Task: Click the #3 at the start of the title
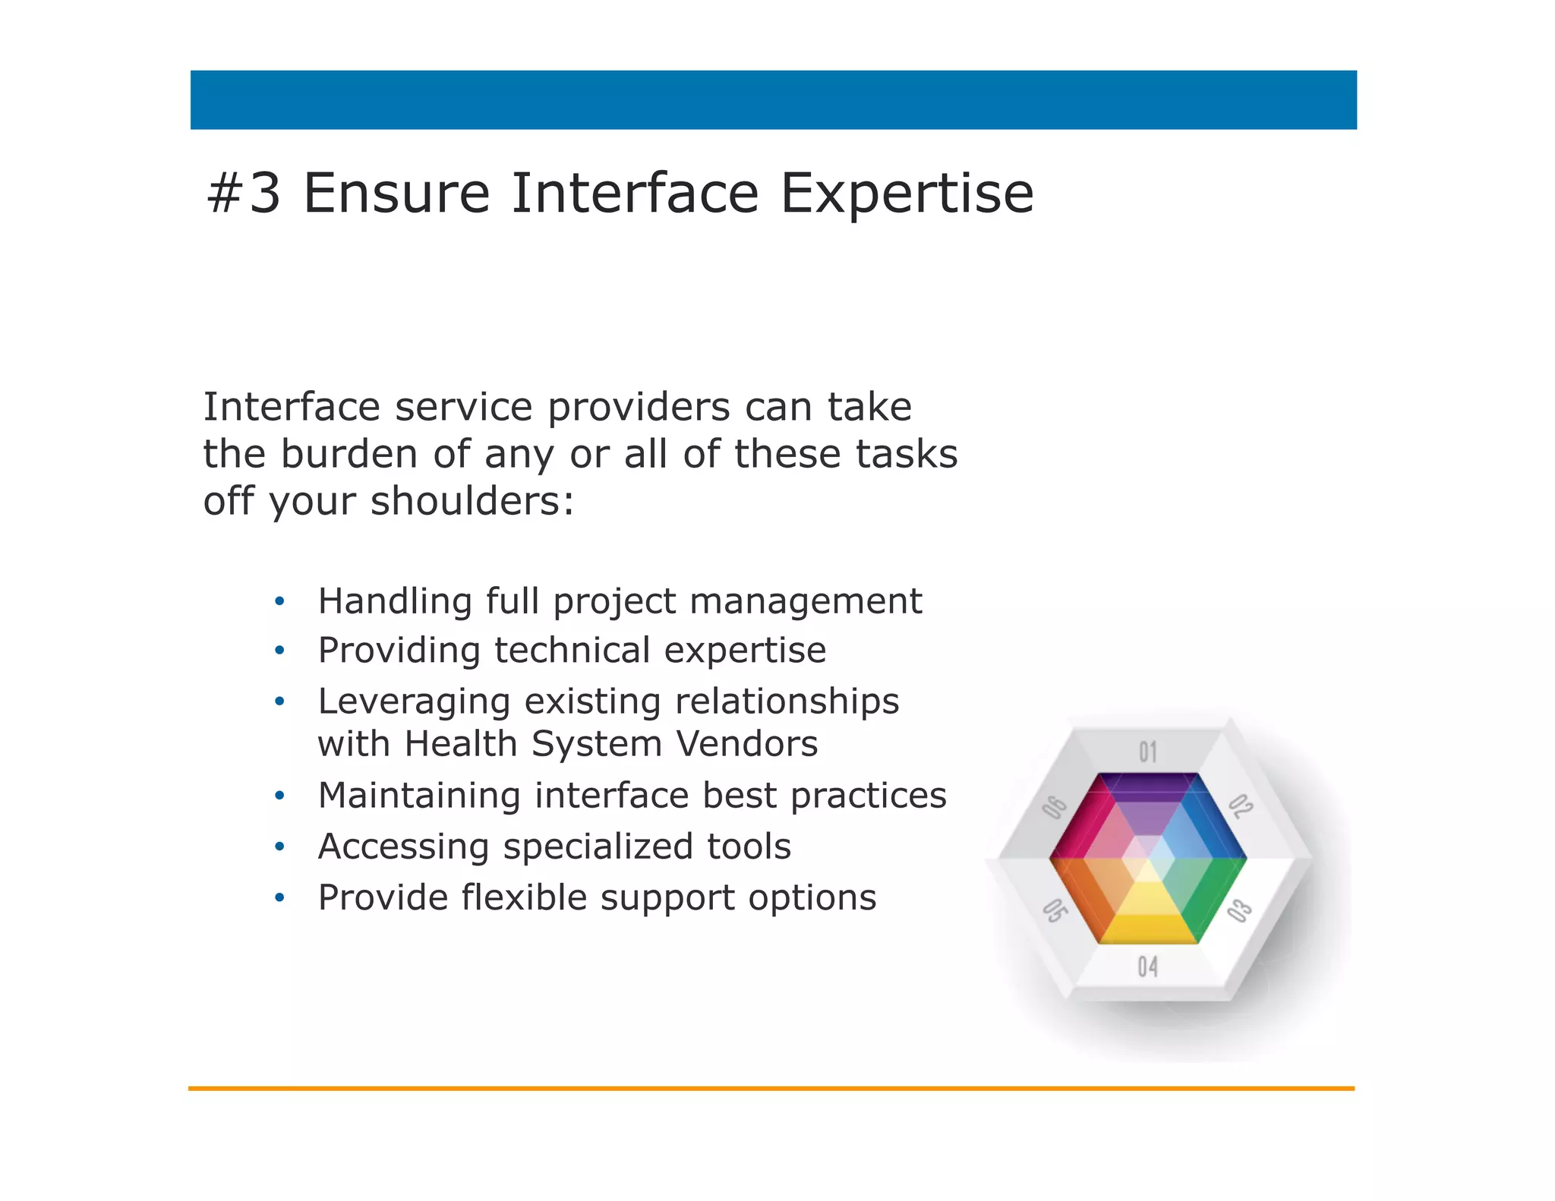(244, 194)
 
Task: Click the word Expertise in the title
(907, 194)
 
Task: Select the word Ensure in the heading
(396, 194)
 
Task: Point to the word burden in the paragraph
(349, 455)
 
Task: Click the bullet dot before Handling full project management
(279, 602)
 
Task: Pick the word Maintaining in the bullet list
(418, 796)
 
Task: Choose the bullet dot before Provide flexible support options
(279, 899)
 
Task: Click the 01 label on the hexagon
(1147, 752)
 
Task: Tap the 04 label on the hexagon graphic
(1147, 967)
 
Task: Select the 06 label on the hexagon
(1055, 807)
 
